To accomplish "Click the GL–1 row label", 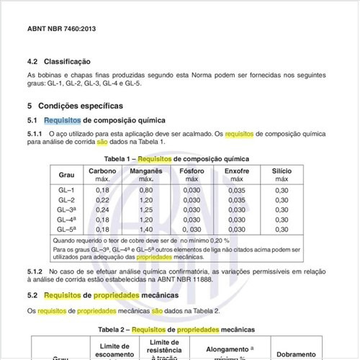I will point(66,189).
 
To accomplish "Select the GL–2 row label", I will point(66,199).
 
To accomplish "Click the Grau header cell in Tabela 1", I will point(66,175).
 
